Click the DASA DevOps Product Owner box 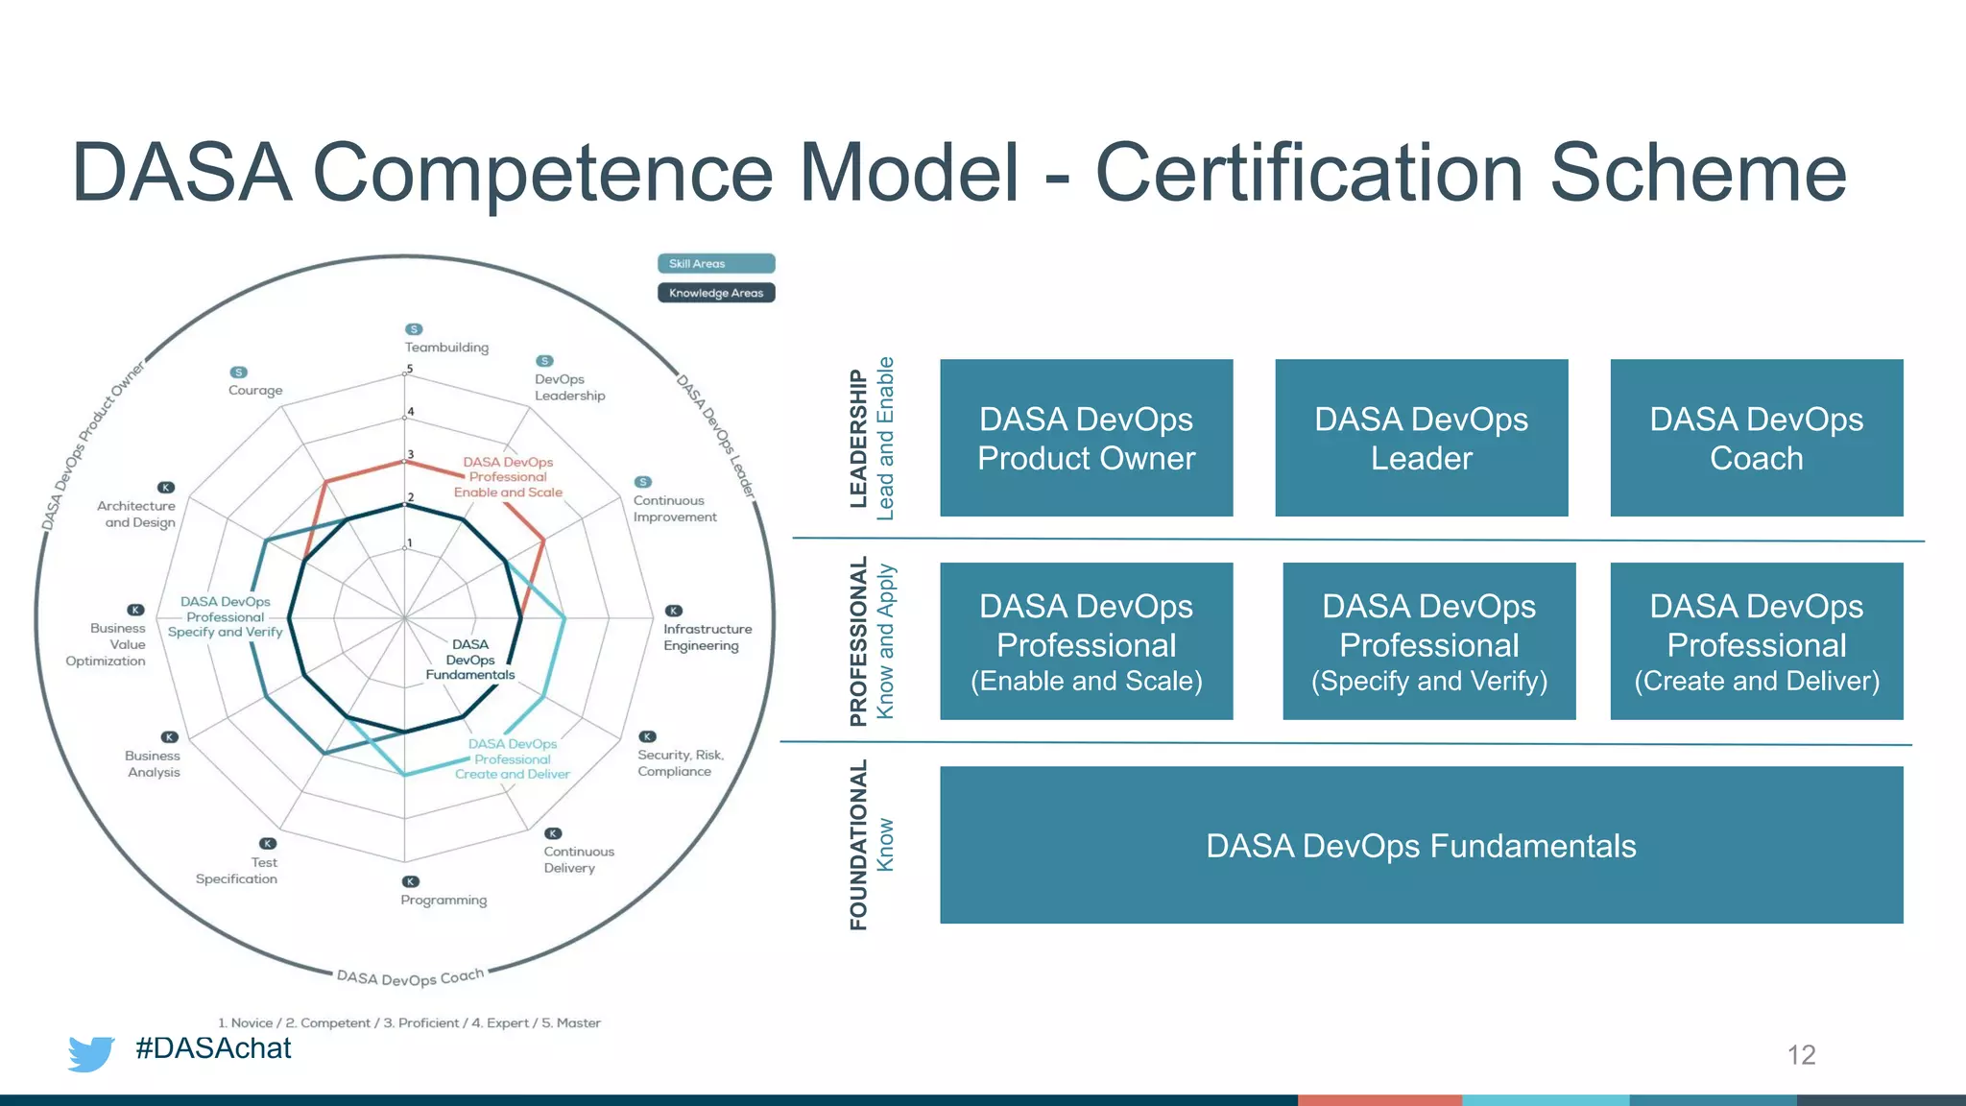[1086, 438]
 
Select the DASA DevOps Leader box [1421, 438]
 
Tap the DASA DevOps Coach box [1756, 438]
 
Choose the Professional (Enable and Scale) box [1086, 641]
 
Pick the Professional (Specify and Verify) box [1428, 641]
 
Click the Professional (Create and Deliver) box [1756, 641]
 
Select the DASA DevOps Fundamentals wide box [1421, 845]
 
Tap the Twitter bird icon [91, 1053]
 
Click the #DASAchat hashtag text [213, 1047]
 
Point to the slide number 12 [1801, 1055]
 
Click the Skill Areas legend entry [715, 263]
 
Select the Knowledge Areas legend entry [715, 293]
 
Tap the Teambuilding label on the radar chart [446, 348]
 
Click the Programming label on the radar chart [444, 901]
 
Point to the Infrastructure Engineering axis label [707, 637]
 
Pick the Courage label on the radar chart [255, 391]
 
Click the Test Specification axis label [237, 871]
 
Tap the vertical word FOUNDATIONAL [858, 845]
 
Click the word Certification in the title [1309, 173]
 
